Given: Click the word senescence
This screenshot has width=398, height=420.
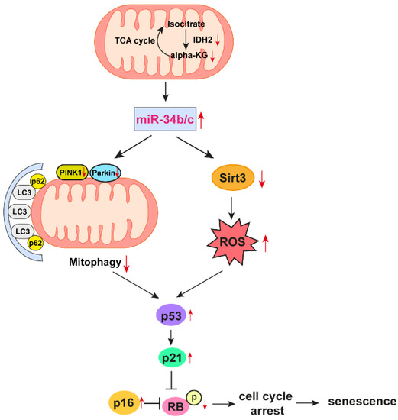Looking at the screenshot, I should (363, 401).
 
